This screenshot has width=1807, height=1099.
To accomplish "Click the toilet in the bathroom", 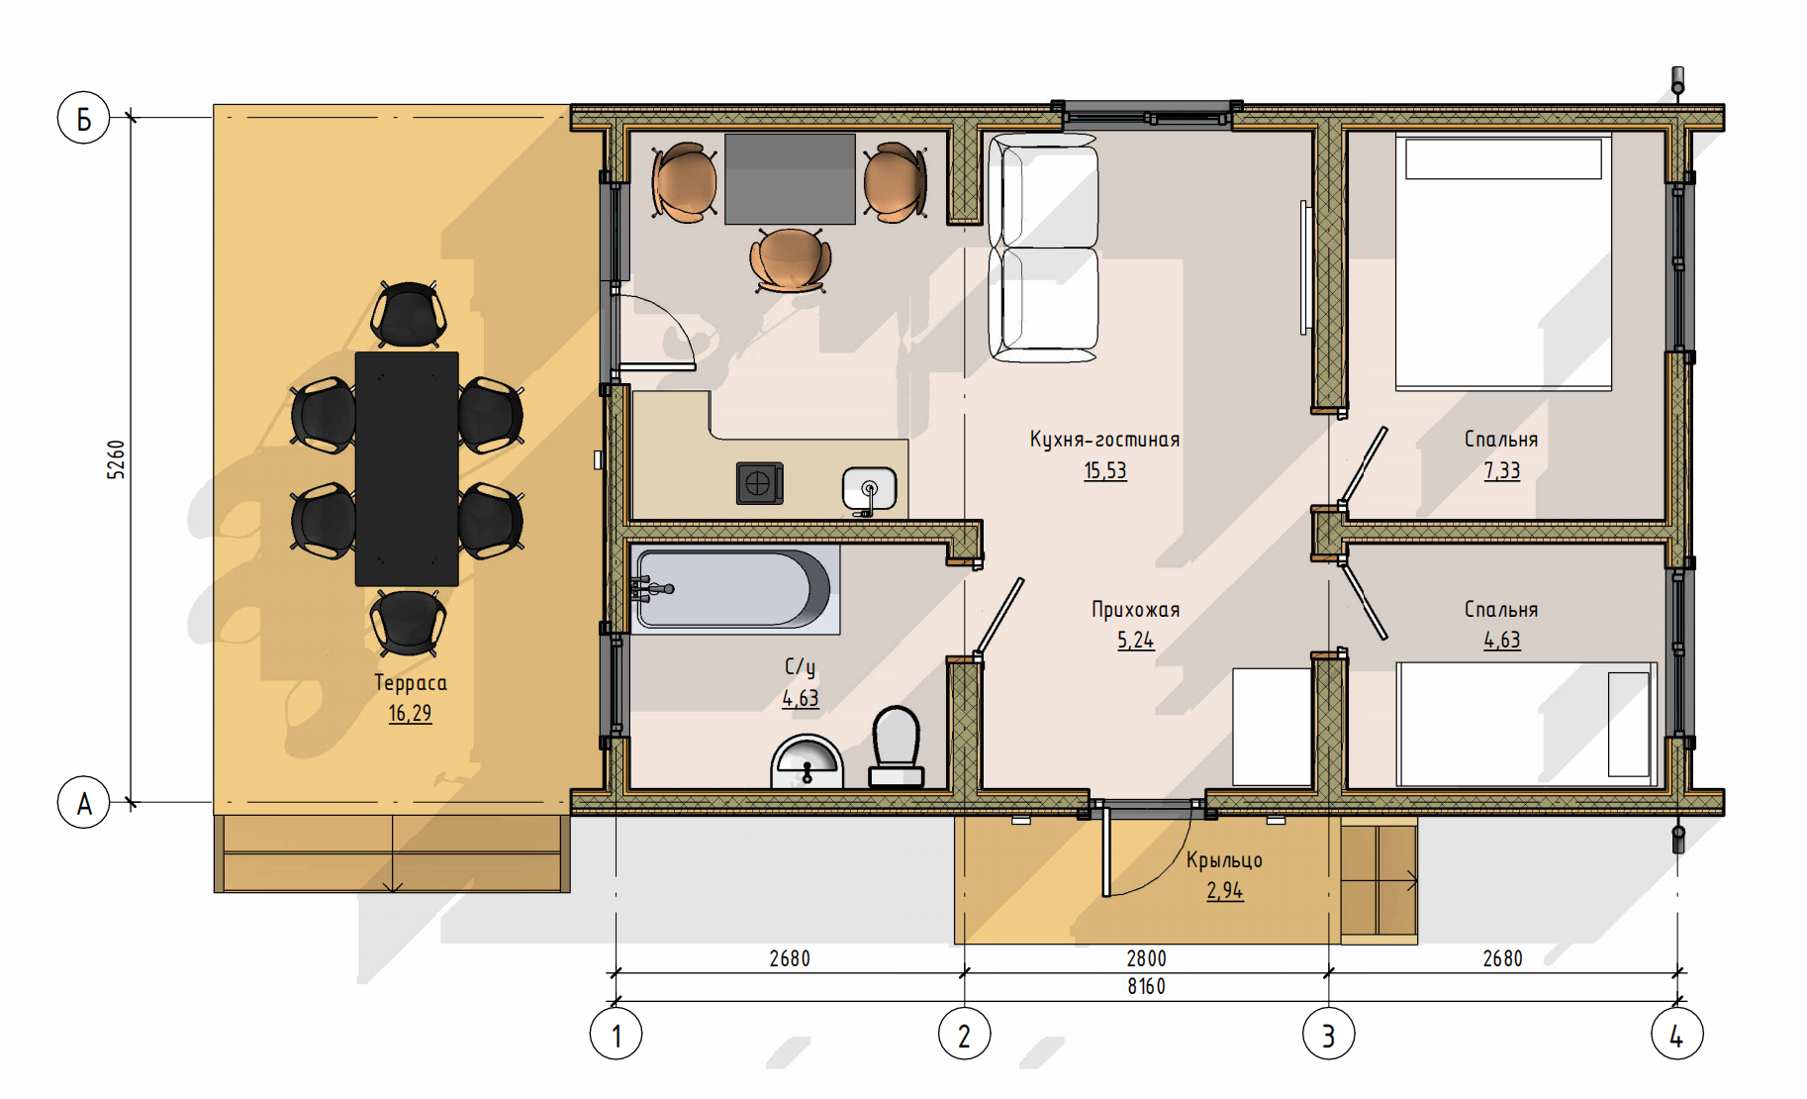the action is [x=897, y=746].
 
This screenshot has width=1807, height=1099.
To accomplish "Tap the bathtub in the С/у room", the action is [x=735, y=589].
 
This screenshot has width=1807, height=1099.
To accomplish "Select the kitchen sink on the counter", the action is [x=869, y=490].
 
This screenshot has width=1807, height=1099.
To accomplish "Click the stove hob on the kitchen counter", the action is [x=759, y=483].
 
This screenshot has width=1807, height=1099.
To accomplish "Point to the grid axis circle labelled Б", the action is [x=83, y=118].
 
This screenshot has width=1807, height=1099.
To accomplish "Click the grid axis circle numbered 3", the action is [x=1328, y=1034].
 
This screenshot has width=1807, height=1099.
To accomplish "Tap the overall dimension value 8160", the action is [x=1146, y=986].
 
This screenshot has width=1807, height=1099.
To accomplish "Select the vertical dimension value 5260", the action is [x=117, y=460].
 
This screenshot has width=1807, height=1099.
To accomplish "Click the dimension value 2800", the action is [x=1146, y=958].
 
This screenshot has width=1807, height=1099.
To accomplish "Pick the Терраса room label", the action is [x=411, y=682].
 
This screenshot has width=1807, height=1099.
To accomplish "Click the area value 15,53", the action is [x=1105, y=470].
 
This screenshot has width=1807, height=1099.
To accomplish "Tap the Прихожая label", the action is [x=1136, y=609].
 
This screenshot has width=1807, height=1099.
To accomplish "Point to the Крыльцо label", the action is [x=1224, y=859].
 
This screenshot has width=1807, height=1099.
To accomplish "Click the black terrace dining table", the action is [x=407, y=468].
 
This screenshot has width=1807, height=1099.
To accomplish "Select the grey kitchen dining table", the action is [x=790, y=179].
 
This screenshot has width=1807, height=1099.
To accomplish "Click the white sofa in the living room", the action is [x=1043, y=248].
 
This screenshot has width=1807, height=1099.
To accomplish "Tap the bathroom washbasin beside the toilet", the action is [x=807, y=761].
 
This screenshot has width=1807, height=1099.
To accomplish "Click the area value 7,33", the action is [x=1502, y=470].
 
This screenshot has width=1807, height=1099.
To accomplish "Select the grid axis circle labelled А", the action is [x=83, y=802].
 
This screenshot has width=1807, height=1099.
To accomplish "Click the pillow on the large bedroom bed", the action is [x=1503, y=158].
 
